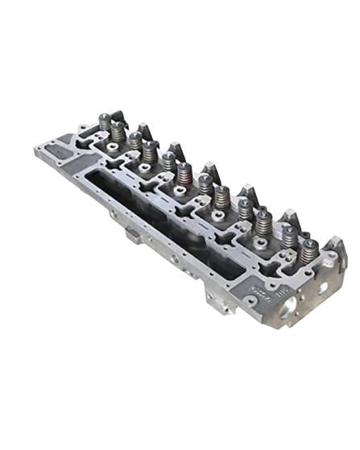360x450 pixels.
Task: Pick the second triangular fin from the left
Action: [x=171, y=148]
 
